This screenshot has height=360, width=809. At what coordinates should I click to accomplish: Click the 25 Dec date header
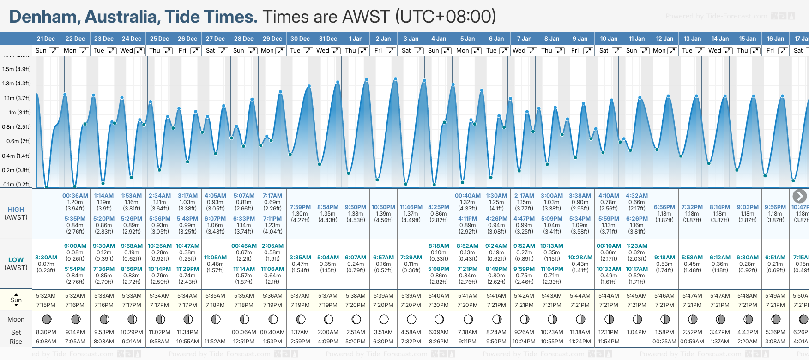(159, 39)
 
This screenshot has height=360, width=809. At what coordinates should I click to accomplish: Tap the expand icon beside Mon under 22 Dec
(84, 51)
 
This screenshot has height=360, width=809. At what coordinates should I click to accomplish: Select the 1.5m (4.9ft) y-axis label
(17, 69)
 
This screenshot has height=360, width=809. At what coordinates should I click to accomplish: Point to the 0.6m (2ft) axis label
(17, 141)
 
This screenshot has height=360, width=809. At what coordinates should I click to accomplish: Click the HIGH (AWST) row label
(16, 213)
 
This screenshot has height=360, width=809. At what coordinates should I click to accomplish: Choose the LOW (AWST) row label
(16, 264)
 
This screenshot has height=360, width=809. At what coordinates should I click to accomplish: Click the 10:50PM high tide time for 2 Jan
(383, 207)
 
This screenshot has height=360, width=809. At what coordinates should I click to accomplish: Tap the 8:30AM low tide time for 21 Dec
(46, 258)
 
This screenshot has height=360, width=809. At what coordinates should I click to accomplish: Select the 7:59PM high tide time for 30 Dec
(300, 207)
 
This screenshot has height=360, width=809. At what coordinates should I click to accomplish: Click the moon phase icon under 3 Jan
(411, 319)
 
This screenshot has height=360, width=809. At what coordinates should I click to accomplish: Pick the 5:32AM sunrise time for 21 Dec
(46, 296)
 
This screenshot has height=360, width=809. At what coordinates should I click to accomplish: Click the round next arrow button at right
(799, 196)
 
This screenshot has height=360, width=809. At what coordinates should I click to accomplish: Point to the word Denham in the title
(44, 17)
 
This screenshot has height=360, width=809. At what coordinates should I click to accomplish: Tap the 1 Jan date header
(356, 39)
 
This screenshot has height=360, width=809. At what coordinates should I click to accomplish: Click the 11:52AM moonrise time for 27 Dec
(215, 342)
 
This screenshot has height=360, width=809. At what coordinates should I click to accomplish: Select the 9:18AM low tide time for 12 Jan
(664, 258)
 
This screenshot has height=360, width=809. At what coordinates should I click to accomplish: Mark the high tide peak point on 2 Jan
(395, 79)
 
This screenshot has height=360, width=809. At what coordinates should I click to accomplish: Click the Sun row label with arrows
(16, 300)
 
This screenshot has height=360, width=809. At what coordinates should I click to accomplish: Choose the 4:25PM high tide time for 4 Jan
(439, 207)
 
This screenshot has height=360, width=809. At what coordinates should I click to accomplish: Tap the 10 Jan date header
(609, 39)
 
